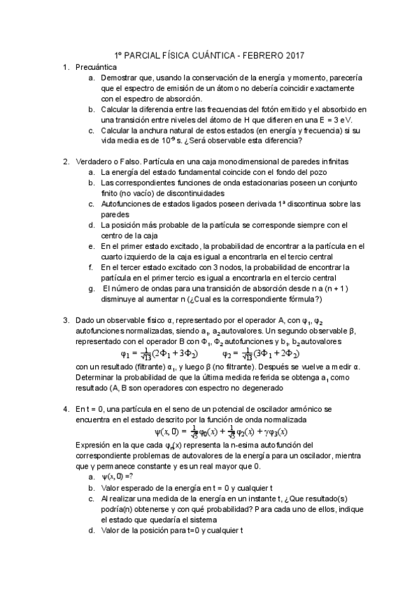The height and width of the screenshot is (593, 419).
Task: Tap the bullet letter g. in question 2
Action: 92,287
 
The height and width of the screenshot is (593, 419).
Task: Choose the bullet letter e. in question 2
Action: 92,245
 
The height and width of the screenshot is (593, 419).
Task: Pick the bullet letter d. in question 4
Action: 92,529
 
